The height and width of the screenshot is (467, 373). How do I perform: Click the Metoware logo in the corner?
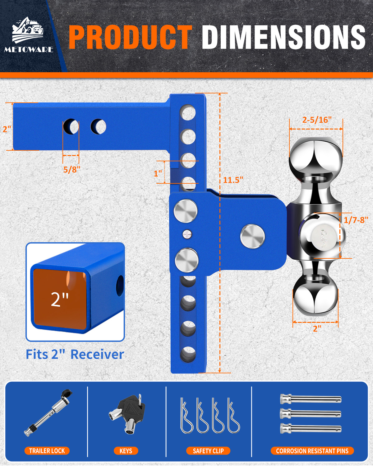[28, 35]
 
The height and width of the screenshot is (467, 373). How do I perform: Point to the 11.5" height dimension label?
[233, 180]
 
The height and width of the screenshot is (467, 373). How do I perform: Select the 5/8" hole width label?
[72, 169]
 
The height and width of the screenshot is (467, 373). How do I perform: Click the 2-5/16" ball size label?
[317, 120]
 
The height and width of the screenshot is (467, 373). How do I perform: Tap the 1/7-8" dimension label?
[356, 220]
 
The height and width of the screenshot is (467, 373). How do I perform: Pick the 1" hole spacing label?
[158, 173]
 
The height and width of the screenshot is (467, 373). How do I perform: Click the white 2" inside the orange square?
[60, 299]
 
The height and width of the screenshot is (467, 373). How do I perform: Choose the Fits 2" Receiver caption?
[75, 354]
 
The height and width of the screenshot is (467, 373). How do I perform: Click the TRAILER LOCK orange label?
[47, 451]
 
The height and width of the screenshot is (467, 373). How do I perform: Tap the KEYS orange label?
[126, 451]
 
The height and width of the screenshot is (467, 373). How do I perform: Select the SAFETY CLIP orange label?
[208, 451]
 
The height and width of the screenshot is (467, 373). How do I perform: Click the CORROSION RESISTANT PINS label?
[312, 451]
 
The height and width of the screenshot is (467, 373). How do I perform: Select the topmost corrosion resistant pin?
[311, 399]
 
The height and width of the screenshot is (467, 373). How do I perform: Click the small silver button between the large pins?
[187, 234]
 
